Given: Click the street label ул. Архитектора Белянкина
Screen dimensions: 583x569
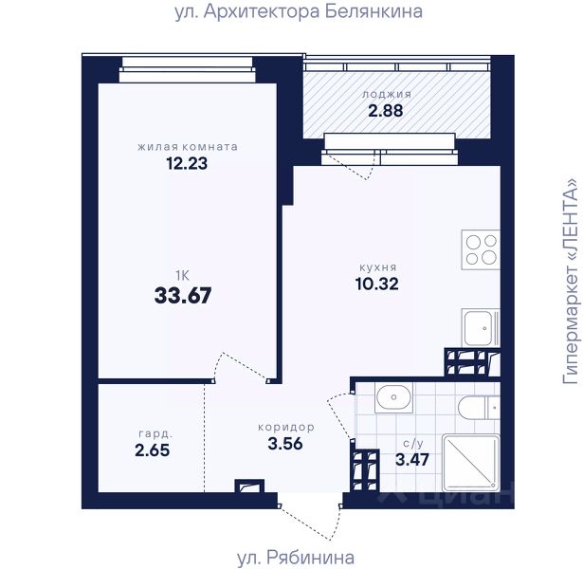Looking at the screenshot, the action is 299,12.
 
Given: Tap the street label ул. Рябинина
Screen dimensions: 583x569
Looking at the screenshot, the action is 296,558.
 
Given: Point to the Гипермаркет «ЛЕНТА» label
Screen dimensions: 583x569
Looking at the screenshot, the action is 571,281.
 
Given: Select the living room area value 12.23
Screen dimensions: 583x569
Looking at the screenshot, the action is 187,163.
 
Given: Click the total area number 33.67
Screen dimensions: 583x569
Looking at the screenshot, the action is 183,296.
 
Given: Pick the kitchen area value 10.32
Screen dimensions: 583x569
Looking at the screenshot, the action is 377,284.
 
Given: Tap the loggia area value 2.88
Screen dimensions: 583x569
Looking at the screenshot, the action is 386,111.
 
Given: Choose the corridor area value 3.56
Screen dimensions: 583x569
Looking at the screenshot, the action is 285,444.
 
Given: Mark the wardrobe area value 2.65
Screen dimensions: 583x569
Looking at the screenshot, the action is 152,450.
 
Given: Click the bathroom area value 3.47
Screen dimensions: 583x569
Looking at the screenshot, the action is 412,460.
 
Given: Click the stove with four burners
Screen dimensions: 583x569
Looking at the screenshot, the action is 481,250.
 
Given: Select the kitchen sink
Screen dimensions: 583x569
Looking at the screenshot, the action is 481,328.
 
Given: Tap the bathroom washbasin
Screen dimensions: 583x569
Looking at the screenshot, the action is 393,397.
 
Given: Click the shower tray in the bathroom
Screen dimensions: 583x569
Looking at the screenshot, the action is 471,463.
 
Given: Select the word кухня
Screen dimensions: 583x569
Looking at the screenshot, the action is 378,267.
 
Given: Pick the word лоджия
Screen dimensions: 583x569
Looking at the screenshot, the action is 387,95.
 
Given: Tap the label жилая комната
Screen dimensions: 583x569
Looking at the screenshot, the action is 188,147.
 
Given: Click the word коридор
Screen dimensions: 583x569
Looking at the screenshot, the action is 286,428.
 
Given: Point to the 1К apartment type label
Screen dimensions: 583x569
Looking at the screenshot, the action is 183,276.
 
